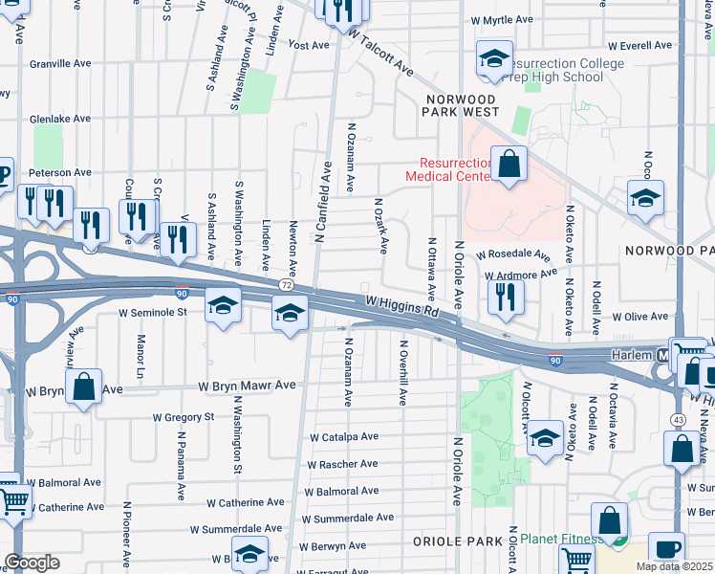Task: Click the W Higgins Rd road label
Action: click(401, 306)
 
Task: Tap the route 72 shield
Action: click(286, 286)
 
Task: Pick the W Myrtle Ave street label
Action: click(501, 19)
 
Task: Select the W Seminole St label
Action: click(152, 312)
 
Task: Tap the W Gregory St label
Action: click(184, 417)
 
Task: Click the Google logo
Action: click(32, 562)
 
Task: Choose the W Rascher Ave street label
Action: click(342, 464)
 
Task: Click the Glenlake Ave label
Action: click(59, 119)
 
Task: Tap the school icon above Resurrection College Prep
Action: click(494, 60)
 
